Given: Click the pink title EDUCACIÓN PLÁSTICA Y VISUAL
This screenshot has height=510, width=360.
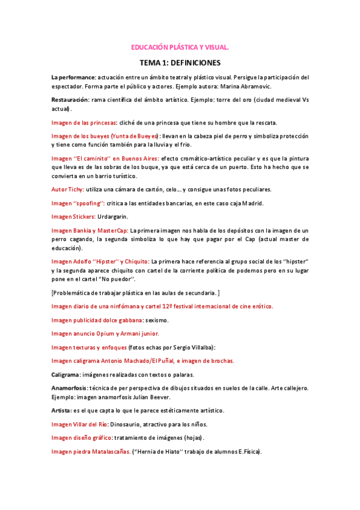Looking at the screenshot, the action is click(x=180, y=47).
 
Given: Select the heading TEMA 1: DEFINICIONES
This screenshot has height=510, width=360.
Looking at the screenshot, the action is click(x=180, y=63).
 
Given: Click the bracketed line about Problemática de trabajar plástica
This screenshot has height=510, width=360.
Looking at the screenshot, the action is click(x=136, y=293).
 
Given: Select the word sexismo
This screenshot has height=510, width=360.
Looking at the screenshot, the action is click(x=157, y=320).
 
